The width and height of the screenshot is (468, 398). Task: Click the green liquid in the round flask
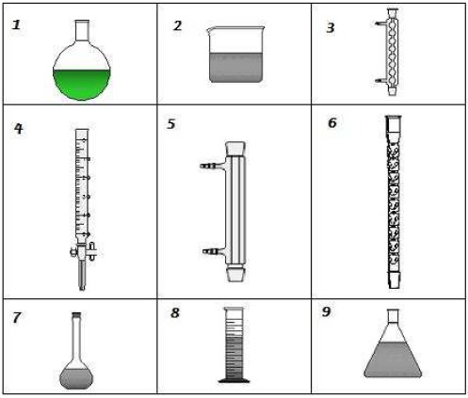pos(82,85)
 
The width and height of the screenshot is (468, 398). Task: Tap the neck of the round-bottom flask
pos(82,30)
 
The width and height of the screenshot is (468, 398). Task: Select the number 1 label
pos(16,24)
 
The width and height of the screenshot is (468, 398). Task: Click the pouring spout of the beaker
pos(209,30)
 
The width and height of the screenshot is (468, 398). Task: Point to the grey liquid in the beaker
pos(235,68)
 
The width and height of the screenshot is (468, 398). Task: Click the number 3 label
pos(331,28)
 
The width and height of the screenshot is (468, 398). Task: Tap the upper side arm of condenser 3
pos(381,24)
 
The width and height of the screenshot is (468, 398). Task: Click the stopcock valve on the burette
pos(84,251)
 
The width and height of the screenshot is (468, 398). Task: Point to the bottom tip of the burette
pos(82,289)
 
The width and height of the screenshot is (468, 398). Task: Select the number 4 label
pos(19,128)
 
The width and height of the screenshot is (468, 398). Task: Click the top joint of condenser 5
pos(235,149)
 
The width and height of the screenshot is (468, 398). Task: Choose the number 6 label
pos(332,122)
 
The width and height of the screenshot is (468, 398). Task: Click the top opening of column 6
pos(394,118)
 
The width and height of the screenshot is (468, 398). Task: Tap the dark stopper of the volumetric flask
pos(76,314)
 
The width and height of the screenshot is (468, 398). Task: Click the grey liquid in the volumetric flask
pos(76,378)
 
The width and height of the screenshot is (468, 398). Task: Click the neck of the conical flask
pos(393,315)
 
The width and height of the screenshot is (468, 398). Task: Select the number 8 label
pos(175,312)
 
